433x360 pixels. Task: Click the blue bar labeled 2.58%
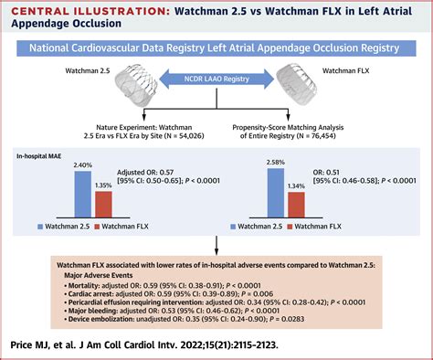click(276, 190)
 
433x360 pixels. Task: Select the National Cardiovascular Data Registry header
click(216, 46)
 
